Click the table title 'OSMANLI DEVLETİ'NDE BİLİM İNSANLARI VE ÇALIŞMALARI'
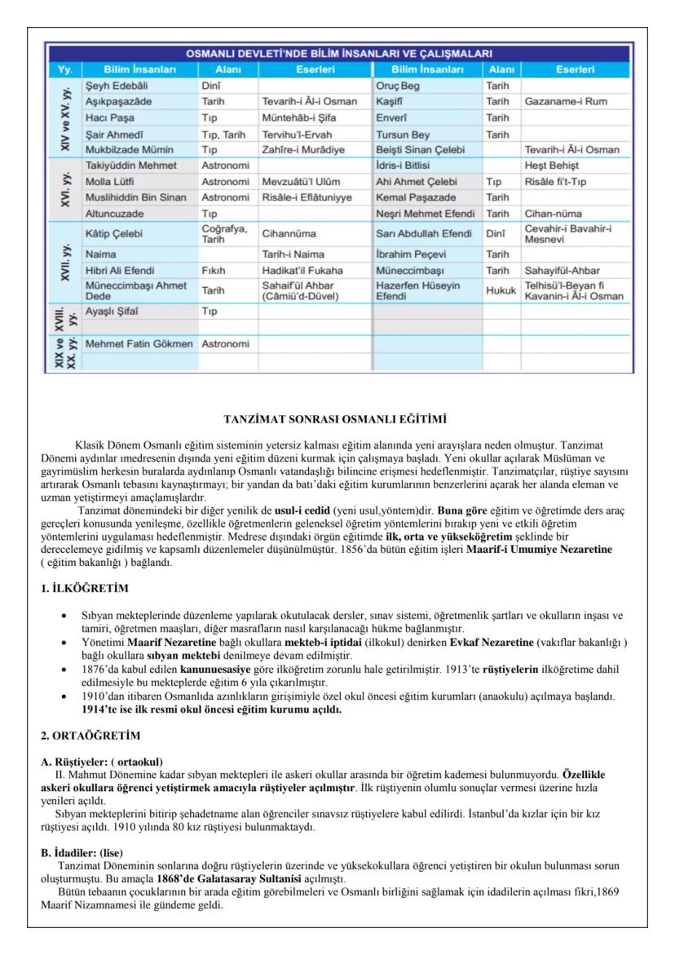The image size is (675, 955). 342,54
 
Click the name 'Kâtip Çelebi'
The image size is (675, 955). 113,232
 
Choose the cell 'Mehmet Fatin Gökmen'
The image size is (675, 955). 139,345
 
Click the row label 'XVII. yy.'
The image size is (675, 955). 66,261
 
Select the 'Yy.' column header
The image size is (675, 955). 66,69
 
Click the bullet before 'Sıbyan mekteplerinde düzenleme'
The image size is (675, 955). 64,617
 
